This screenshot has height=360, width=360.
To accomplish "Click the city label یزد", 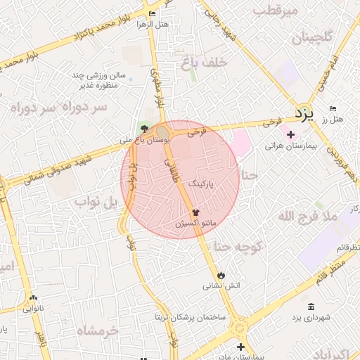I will [x=303, y=113].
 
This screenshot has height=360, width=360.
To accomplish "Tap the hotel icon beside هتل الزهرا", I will [x=153, y=13].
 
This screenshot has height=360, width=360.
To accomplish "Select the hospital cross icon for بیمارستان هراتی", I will [x=291, y=134].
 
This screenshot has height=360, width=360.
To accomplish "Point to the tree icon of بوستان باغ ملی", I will [x=145, y=129].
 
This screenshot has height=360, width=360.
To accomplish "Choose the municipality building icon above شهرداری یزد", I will [x=311, y=307].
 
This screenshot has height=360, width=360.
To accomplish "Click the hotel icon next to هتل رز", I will [x=333, y=108].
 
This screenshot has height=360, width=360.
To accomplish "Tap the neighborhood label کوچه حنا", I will [x=238, y=247].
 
